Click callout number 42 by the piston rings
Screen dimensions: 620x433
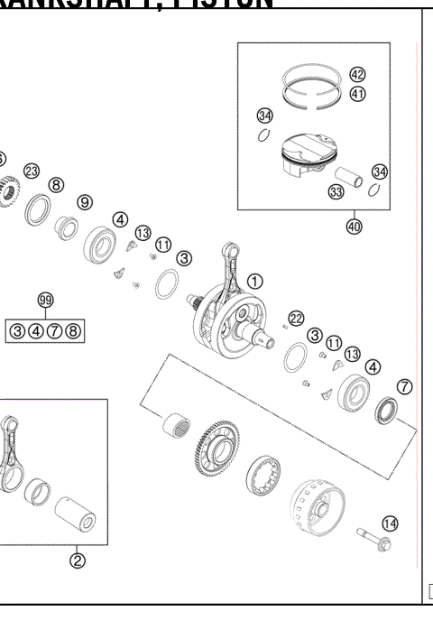(x=357, y=76)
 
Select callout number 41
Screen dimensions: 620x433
(x=357, y=94)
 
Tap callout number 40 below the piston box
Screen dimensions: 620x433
(x=354, y=227)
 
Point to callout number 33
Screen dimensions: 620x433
(x=336, y=191)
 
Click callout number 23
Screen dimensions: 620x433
(x=32, y=171)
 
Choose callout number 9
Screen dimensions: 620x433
(x=84, y=202)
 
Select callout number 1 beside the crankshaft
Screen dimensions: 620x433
(x=255, y=281)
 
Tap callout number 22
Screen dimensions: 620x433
(x=296, y=318)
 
